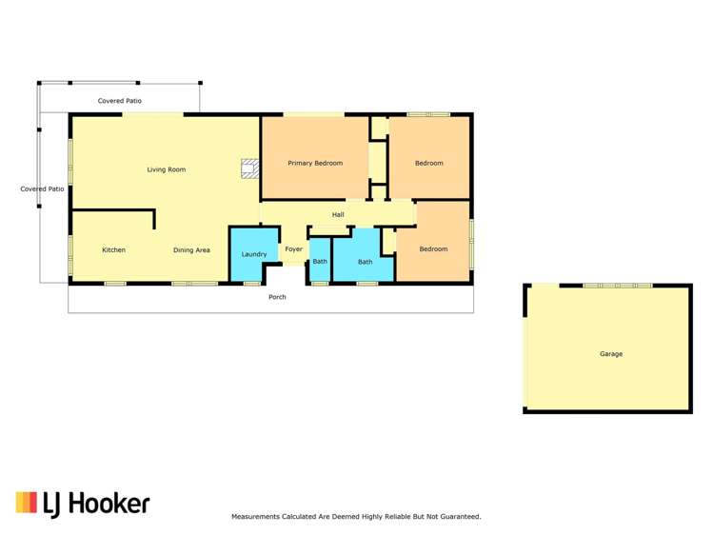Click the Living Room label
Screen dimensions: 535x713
click(x=166, y=169)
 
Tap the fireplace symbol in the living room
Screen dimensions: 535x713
click(x=249, y=168)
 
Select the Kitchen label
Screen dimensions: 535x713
click(x=113, y=250)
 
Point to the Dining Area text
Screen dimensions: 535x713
click(x=191, y=250)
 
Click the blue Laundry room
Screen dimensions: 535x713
click(x=253, y=254)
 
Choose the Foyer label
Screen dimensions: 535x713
click(x=293, y=249)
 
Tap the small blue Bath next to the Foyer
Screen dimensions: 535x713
click(x=320, y=262)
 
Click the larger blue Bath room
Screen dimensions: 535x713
click(x=365, y=262)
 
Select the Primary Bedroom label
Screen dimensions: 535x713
click(x=315, y=163)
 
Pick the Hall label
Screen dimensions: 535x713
click(x=338, y=214)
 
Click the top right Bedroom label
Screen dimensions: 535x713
click(x=428, y=163)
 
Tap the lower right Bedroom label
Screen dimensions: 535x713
click(x=433, y=249)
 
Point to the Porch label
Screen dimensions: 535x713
click(x=277, y=297)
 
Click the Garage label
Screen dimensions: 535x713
click(x=610, y=354)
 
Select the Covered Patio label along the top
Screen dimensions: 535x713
click(x=120, y=100)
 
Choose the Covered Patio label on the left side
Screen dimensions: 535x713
click(x=42, y=188)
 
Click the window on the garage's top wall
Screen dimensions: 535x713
click(x=617, y=285)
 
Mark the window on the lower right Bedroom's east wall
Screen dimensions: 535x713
click(x=471, y=243)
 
